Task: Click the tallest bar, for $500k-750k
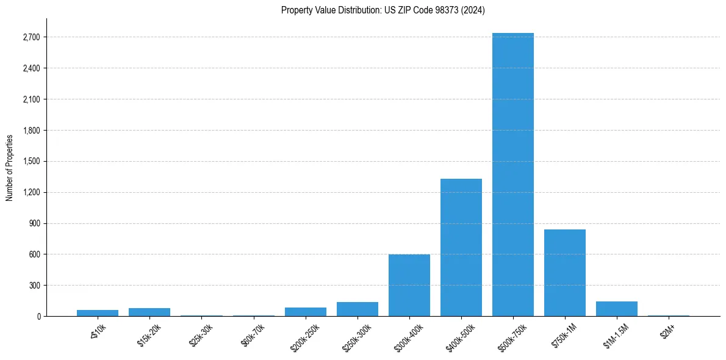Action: click(x=513, y=175)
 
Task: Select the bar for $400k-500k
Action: click(x=461, y=247)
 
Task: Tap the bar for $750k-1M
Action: click(x=565, y=273)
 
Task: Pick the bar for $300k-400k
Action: click(x=409, y=285)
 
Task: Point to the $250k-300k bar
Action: click(x=358, y=309)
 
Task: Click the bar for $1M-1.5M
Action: click(x=617, y=309)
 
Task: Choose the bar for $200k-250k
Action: click(x=306, y=312)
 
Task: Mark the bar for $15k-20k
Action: click(x=149, y=312)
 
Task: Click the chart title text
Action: click(x=383, y=10)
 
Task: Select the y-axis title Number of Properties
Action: click(x=10, y=167)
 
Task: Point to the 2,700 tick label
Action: click(x=31, y=37)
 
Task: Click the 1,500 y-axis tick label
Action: click(x=31, y=162)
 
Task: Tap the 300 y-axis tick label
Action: click(x=34, y=286)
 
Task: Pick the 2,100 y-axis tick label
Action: click(x=31, y=99)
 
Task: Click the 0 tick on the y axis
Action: click(x=38, y=317)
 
